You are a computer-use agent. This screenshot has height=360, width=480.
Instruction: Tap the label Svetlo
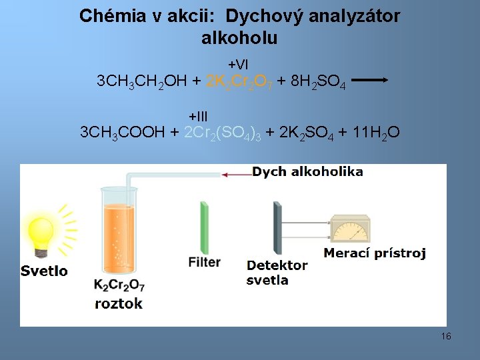44,271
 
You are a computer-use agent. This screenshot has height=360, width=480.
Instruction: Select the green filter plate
204,226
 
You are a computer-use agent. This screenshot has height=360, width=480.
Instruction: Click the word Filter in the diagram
205,262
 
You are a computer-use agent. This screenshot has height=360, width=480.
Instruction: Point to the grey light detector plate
277,227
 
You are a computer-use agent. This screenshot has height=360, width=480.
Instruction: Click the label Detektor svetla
277,273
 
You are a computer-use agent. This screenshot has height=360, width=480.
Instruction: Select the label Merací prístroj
375,253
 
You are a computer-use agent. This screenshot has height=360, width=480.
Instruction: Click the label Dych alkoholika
307,172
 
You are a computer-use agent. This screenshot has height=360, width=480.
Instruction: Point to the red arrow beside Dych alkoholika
236,175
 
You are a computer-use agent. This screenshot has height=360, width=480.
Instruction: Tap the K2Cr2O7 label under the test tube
119,285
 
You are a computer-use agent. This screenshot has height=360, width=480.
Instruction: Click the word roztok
119,303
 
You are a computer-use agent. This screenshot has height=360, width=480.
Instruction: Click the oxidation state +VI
238,65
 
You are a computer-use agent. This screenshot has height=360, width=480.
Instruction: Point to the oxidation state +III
199,116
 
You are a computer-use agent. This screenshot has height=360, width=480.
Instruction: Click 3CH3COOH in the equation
122,132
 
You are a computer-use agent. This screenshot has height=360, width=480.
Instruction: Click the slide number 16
446,336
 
